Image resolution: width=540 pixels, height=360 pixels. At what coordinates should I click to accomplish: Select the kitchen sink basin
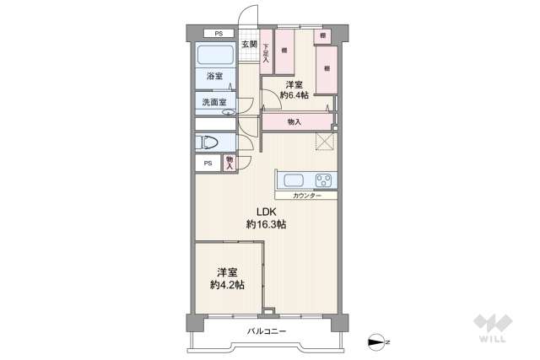click(x=295, y=180)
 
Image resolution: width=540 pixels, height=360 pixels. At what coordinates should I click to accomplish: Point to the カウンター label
click(x=307, y=196)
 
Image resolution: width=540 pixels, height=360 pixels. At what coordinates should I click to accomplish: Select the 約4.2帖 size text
click(x=227, y=285)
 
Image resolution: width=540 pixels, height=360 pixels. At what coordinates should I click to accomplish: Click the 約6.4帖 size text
click(x=294, y=96)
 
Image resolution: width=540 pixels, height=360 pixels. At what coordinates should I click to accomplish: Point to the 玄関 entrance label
click(x=249, y=45)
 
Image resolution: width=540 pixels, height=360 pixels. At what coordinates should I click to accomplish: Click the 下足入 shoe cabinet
click(x=266, y=52)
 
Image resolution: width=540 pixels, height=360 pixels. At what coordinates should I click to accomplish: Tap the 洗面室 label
click(x=213, y=103)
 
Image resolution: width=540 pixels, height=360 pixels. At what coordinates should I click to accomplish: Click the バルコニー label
click(x=267, y=330)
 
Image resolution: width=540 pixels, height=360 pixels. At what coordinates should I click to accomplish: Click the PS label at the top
click(x=218, y=34)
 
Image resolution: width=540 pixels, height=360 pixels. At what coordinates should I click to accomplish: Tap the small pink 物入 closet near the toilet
click(x=229, y=163)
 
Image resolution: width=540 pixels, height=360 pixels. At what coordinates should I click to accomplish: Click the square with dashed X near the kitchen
click(x=325, y=141)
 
